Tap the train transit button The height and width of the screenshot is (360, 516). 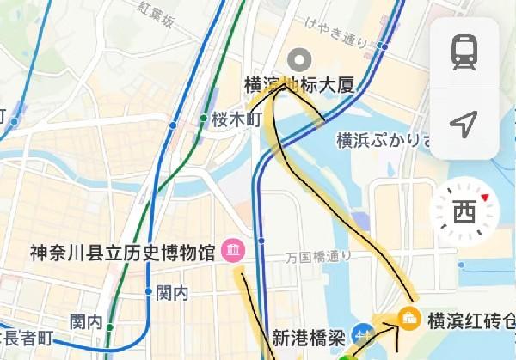coord(464,53)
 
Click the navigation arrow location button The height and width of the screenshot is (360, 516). coord(464,125)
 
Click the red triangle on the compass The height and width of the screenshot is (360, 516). coord(484,198)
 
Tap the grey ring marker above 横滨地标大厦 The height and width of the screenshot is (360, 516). coord(300,59)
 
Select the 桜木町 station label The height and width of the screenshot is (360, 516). coord(235,121)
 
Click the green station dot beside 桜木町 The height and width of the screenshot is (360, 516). coord(204,118)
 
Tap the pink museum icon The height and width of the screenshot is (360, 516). coord(232,251)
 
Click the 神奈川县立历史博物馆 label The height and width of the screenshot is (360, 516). coord(121,253)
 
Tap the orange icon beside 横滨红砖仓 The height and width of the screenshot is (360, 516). coord(408,318)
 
